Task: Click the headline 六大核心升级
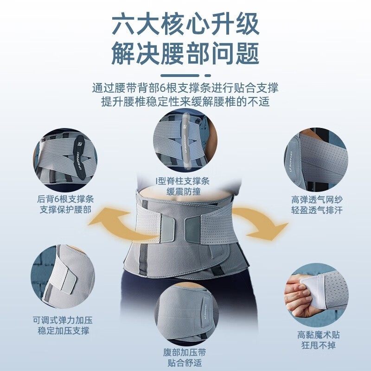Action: coord(185,24)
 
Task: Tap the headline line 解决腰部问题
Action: coord(185,54)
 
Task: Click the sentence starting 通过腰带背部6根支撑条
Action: coord(185,88)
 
